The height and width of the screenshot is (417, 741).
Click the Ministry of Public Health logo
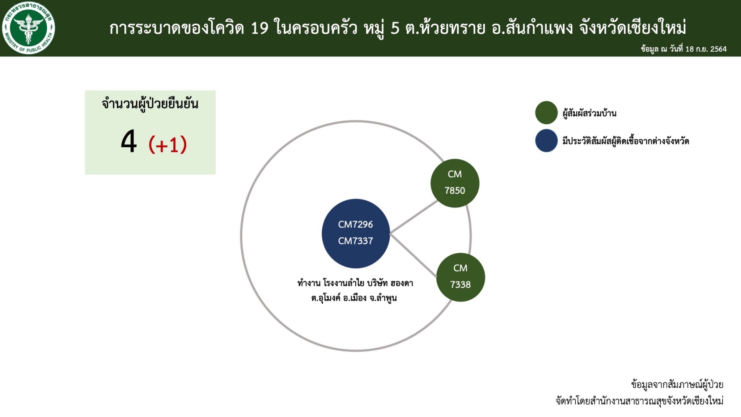click(x=28, y=28)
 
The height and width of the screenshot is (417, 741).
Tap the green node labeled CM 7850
click(x=455, y=183)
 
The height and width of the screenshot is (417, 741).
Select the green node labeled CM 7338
click(x=461, y=277)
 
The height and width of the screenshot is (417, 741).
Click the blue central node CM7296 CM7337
click(x=356, y=233)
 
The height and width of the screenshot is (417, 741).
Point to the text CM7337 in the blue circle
click(x=356, y=241)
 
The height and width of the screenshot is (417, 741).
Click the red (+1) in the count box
click(x=168, y=144)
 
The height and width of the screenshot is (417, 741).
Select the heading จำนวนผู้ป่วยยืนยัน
click(x=150, y=104)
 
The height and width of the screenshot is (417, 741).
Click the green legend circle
click(x=546, y=113)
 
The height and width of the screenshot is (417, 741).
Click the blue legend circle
click(x=546, y=140)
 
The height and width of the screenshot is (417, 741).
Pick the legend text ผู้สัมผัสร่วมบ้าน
click(x=589, y=113)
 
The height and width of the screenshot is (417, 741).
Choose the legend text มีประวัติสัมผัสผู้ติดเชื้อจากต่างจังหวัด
click(x=626, y=141)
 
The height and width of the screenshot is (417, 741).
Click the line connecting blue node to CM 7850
click(x=414, y=217)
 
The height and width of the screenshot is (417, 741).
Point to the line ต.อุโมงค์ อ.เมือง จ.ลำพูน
click(x=354, y=298)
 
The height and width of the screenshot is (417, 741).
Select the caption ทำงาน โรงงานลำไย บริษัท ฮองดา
click(x=355, y=283)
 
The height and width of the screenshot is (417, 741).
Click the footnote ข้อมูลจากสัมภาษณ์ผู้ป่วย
click(x=677, y=384)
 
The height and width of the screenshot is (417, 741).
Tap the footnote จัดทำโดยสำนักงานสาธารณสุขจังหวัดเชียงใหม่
click(x=640, y=401)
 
